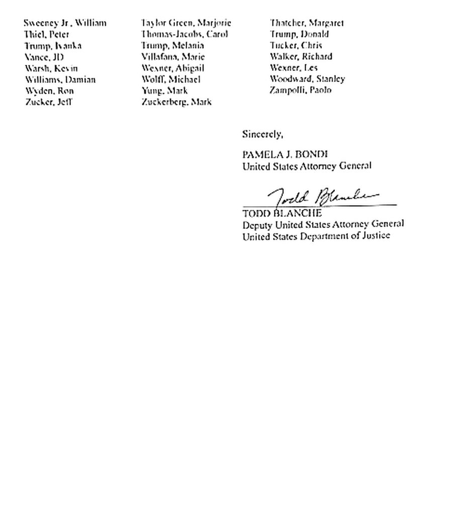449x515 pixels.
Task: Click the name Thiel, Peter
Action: [x=47, y=35]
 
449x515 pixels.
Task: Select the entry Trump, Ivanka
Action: [x=53, y=46]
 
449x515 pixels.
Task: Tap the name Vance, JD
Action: [x=44, y=57]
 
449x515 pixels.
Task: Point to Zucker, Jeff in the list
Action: [x=49, y=102]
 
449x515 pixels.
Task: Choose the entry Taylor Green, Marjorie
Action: [x=186, y=23]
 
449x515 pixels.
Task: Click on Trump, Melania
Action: [x=172, y=45]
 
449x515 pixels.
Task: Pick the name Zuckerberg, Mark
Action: [x=176, y=102]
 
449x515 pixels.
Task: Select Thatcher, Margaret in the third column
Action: [x=307, y=23]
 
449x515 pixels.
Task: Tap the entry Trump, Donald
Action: [x=299, y=34]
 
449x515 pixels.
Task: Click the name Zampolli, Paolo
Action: [x=301, y=91]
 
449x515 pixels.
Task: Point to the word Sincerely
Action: [x=262, y=134]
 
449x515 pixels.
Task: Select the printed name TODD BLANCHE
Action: [x=282, y=213]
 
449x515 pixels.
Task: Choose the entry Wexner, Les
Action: [x=294, y=68]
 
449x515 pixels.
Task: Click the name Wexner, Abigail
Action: [x=173, y=68]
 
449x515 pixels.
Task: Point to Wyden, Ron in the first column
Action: [x=49, y=91]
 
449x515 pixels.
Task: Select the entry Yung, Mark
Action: [x=164, y=91]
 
